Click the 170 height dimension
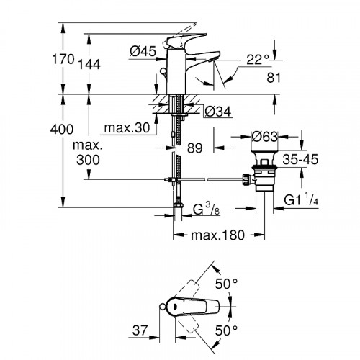63,59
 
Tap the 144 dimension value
89,64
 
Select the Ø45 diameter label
143,51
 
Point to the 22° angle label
258,59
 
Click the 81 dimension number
274,78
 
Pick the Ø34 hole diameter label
218,112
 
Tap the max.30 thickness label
127,127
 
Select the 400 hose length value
62,130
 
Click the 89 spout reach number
195,148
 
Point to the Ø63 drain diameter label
264,137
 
